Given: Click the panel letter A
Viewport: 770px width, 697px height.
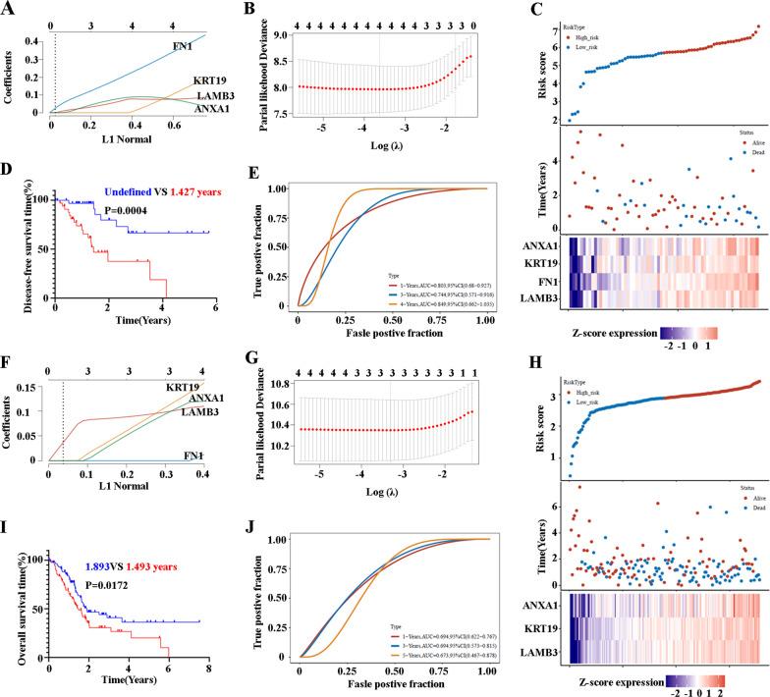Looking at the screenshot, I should [x=9, y=9].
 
